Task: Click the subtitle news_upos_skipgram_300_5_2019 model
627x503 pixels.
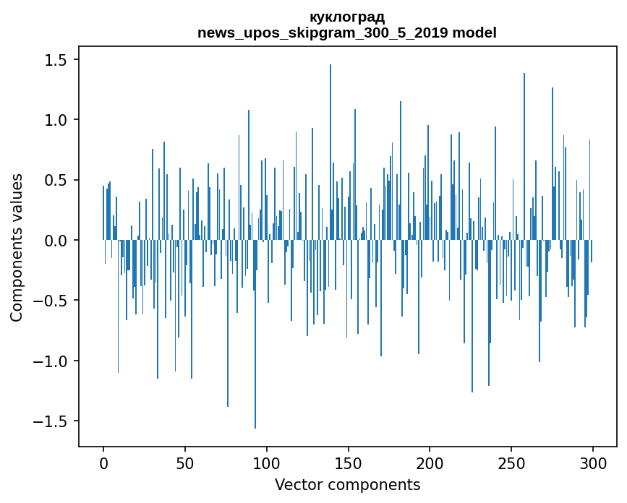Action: [347, 33]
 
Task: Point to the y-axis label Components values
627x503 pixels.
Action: [16, 247]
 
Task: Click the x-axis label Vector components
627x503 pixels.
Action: [347, 484]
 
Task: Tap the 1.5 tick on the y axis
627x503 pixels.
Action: [56, 60]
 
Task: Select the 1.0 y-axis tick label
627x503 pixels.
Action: [56, 120]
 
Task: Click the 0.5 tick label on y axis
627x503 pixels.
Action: [56, 180]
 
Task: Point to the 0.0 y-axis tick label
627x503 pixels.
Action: [56, 240]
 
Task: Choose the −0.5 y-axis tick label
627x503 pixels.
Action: [52, 301]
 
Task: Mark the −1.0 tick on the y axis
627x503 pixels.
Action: [52, 361]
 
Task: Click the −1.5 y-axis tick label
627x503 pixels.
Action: [52, 421]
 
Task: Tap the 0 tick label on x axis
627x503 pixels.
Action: [103, 462]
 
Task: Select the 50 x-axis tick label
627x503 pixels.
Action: [185, 462]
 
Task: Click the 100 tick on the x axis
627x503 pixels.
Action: [267, 462]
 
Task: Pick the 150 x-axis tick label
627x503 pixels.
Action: [349, 462]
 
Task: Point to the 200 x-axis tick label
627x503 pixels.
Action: [430, 462]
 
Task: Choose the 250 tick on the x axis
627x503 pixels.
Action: [511, 462]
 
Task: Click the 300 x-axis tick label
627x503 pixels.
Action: [593, 462]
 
